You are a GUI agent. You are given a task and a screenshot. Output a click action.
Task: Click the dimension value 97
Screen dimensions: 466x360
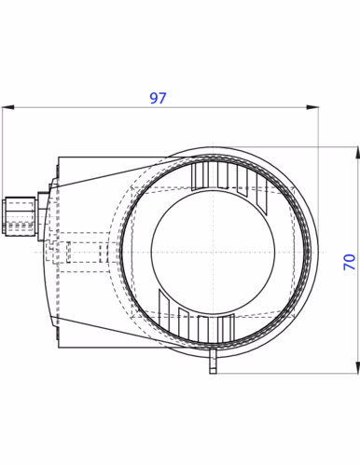pos(159,97)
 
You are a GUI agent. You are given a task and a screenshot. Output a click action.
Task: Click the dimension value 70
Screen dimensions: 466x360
pos(350,260)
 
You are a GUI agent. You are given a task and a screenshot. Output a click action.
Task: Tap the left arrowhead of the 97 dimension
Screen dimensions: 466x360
pos(6,107)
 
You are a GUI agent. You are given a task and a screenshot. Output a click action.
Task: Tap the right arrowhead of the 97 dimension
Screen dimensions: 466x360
pos(314,107)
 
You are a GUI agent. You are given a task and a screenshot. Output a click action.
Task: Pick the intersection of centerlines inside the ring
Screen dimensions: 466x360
pos(213,252)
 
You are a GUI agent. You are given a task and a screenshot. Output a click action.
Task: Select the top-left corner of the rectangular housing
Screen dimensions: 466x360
pos(60,158)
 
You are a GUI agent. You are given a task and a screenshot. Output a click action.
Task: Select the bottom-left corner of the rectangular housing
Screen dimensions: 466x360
pos(60,347)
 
